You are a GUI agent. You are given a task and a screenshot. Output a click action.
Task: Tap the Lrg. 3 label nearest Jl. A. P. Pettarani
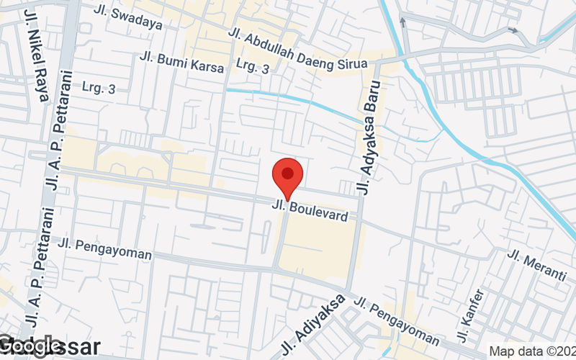[99, 89]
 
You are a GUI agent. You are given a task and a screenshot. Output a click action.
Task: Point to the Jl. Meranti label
[537, 264]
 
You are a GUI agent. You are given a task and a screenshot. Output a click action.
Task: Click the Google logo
[30, 347]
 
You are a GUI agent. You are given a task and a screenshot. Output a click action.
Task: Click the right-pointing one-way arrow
[513, 30]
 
